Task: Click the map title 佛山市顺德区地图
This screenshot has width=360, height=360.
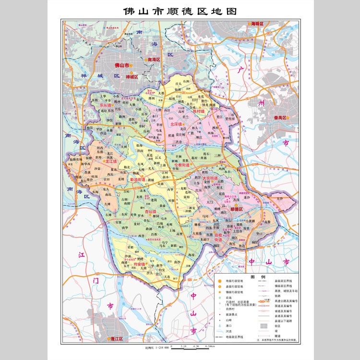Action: (x=180, y=11)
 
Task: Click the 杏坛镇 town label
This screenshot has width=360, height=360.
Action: (x=150, y=211)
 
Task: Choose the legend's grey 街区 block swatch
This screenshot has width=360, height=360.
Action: (x=264, y=325)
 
